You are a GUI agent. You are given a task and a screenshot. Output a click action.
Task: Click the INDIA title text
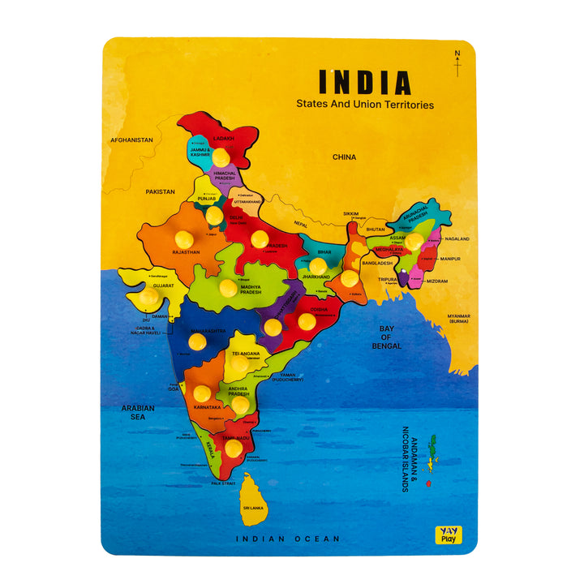coord(364,82)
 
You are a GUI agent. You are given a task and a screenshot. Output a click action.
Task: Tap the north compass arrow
coord(457,64)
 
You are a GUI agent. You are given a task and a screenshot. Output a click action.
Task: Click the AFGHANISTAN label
coord(131,140)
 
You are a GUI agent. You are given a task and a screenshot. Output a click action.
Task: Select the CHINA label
coord(344,157)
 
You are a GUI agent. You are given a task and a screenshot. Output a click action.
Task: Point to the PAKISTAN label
coord(160,191)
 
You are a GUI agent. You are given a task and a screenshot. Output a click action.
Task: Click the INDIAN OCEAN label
coord(288,539)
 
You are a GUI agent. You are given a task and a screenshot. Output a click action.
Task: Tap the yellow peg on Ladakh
coord(221,156)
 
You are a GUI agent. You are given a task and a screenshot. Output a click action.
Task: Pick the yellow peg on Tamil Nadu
coord(234,448)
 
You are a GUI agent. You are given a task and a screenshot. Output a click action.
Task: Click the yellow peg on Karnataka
coord(202,393)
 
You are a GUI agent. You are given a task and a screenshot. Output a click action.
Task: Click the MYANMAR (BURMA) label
coord(458,319)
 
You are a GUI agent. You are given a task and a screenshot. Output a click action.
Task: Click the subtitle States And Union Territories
coord(364,105)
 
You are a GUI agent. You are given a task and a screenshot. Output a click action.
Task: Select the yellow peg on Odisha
coord(306,321)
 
